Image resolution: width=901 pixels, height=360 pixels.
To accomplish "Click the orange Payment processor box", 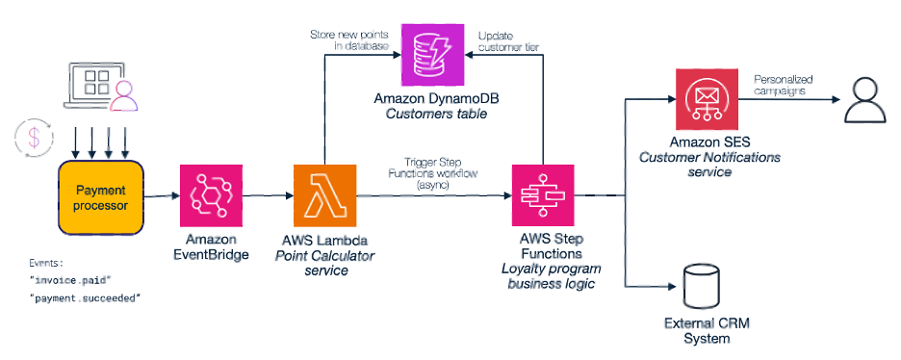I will (101, 197).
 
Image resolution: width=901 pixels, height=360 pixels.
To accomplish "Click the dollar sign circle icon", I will (32, 138).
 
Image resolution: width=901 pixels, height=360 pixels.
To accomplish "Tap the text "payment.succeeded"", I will (85, 297).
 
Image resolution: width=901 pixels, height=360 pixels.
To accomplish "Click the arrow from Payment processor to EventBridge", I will (162, 196).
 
